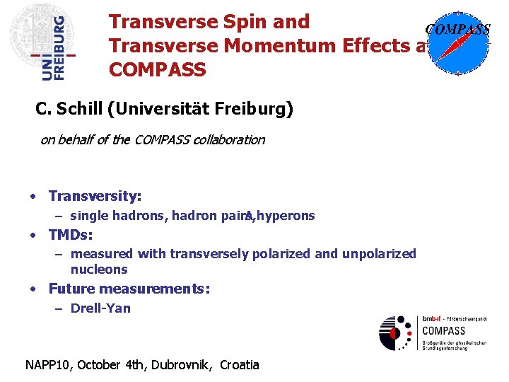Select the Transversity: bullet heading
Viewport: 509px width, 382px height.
[95, 196]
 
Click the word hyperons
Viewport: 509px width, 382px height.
[286, 216]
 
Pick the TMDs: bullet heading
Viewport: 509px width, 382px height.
[71, 235]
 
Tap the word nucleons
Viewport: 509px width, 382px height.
[99, 270]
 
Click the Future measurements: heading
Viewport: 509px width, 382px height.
[129, 289]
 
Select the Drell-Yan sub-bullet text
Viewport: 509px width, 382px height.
[100, 308]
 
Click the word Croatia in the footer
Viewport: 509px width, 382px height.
[240, 365]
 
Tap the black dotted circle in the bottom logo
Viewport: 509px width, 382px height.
[395, 332]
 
